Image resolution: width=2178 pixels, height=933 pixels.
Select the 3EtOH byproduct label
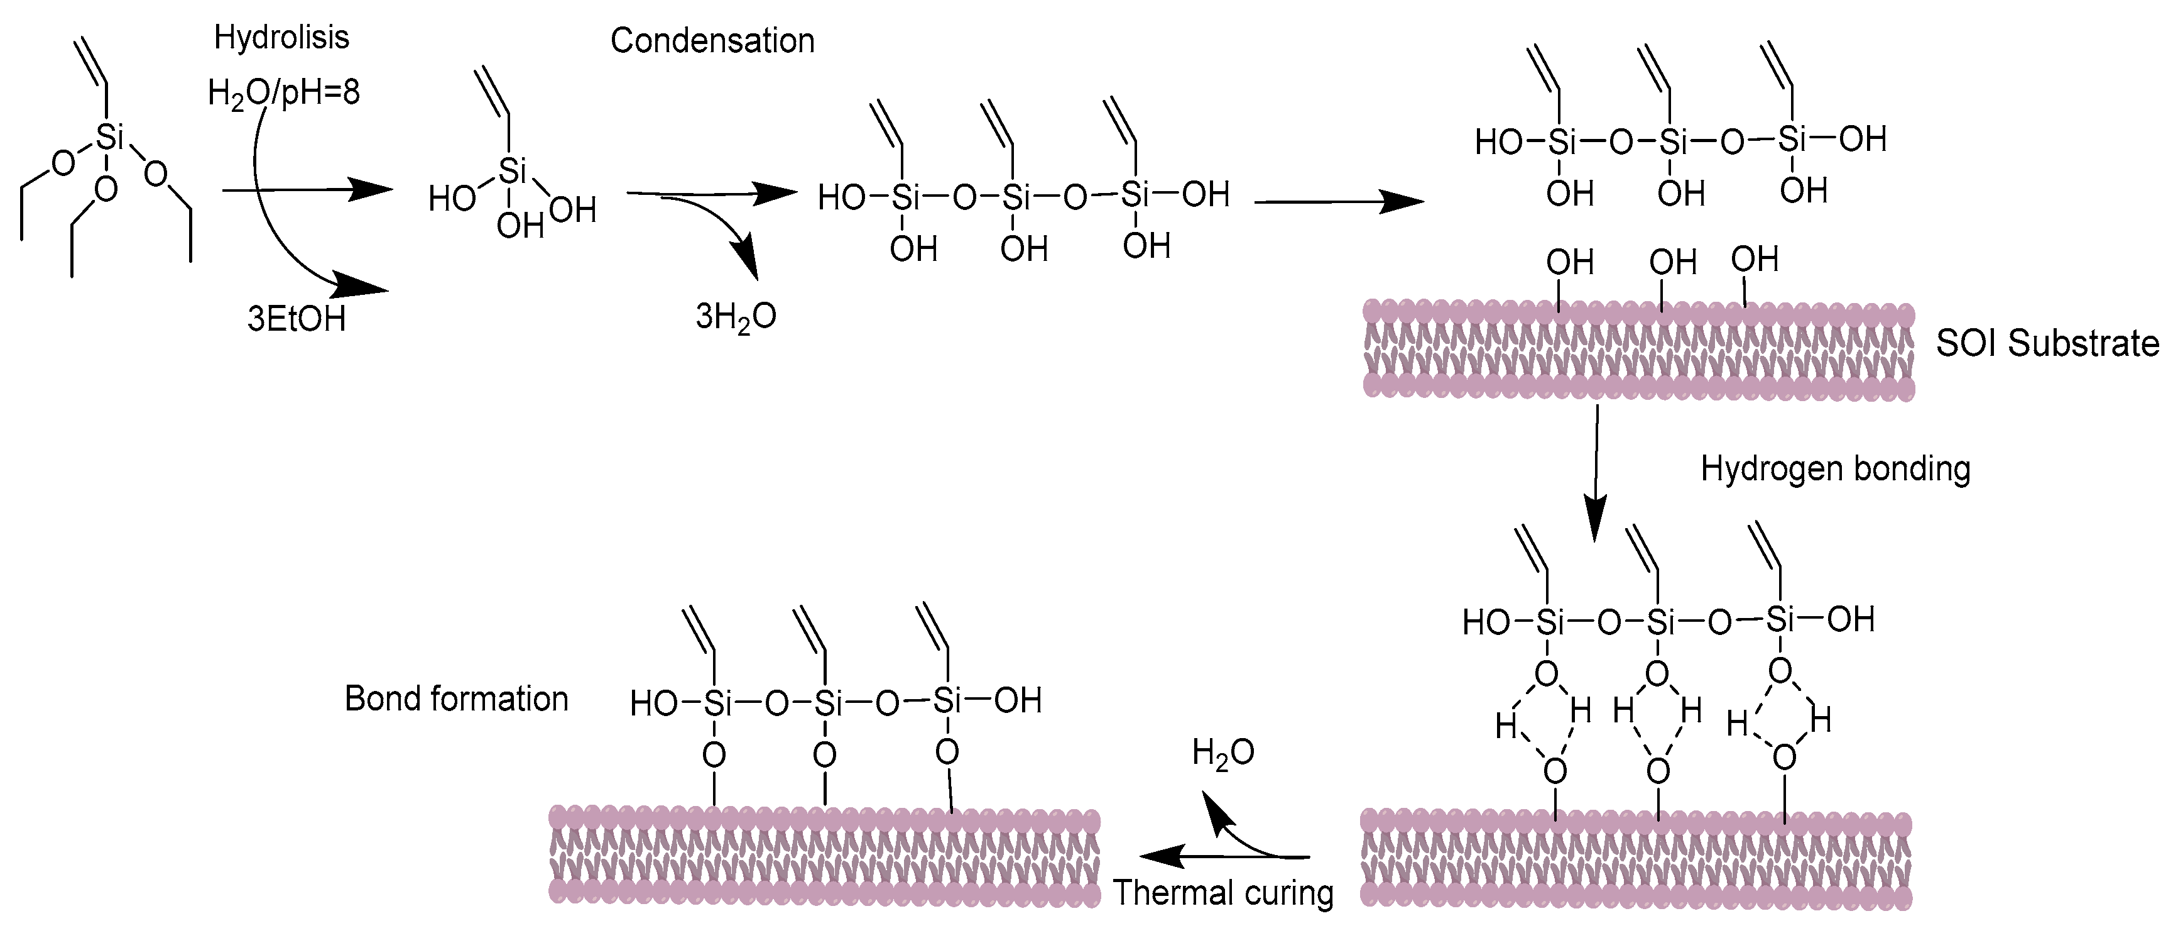296,320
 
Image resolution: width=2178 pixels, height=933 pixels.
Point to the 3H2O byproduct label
736,316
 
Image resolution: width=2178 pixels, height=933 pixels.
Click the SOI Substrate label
2047,343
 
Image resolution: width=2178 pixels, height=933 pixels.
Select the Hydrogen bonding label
1835,468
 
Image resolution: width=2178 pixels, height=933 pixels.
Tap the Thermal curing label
1222,892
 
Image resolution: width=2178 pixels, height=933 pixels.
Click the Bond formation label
457,698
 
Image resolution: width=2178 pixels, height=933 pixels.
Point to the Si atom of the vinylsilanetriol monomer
513,172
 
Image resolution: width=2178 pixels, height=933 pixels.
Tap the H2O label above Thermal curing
1222,752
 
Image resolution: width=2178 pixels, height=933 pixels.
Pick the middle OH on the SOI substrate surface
1672,262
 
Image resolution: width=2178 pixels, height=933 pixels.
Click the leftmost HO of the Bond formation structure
653,704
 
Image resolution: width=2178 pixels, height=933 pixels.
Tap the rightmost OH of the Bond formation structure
1017,700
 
